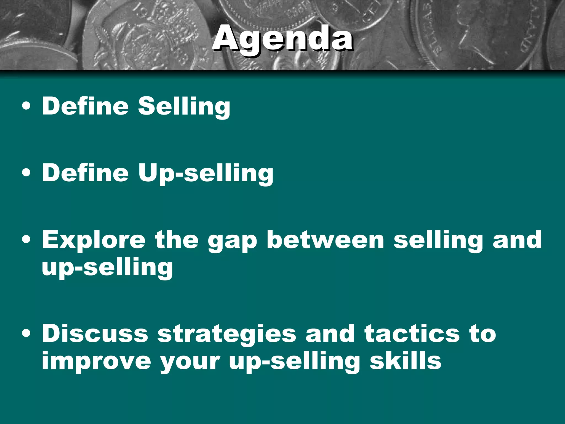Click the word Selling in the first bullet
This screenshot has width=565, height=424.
pos(184,106)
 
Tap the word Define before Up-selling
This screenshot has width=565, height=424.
pos(85,173)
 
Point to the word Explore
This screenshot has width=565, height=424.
pos(94,240)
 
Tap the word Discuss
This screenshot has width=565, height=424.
pos(95,334)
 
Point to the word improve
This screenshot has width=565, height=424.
pos(96,362)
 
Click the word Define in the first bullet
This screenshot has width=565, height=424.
pos(85,106)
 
